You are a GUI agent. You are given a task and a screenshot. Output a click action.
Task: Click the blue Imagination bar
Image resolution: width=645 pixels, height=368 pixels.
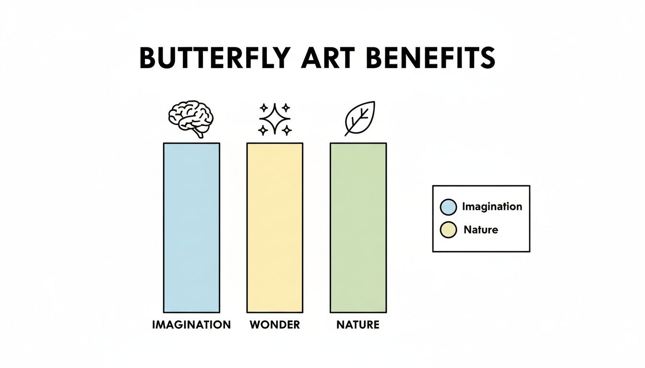[191, 228]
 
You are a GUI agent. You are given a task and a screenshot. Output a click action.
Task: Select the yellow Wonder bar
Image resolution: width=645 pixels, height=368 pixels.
[275, 228]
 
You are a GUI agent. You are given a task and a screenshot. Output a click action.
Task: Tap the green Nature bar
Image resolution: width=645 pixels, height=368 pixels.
[358, 228]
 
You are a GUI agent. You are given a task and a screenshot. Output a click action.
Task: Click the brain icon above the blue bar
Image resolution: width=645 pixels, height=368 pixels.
[191, 116]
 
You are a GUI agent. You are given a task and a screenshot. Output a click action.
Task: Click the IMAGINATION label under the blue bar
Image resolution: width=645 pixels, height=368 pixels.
[191, 325]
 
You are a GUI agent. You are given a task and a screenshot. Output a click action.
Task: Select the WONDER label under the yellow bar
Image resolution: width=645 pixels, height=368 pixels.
[275, 325]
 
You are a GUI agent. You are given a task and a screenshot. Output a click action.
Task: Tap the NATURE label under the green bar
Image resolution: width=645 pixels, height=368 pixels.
[358, 325]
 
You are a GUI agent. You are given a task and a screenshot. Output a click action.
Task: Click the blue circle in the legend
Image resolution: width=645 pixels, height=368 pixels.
[448, 207]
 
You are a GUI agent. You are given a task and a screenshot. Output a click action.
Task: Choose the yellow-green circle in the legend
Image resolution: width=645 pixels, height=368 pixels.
[448, 230]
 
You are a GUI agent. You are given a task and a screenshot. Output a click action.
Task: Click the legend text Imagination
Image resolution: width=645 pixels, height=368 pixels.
[492, 207]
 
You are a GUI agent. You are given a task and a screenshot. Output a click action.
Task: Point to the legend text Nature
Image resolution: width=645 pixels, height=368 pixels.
[481, 230]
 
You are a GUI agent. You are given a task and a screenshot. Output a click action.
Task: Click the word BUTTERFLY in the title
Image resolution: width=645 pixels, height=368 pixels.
[214, 59]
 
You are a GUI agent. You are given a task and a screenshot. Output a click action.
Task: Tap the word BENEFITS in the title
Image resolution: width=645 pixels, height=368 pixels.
[430, 59]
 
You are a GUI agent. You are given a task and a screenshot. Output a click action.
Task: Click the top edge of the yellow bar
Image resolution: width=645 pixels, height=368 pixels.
[275, 143]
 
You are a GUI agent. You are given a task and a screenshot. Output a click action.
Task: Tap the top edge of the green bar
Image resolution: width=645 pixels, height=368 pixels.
[358, 143]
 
